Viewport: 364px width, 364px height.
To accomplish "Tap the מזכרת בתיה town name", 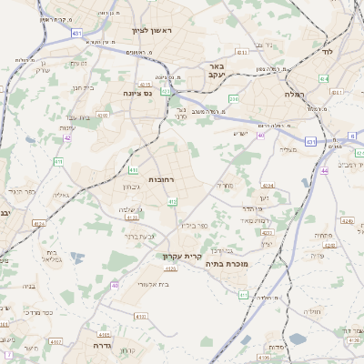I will pos(227,264).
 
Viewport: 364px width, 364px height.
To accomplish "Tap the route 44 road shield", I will pos(324,170).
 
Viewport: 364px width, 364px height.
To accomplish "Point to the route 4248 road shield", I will pos(346,220).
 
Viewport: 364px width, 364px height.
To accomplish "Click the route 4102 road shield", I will pos(56,343).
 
